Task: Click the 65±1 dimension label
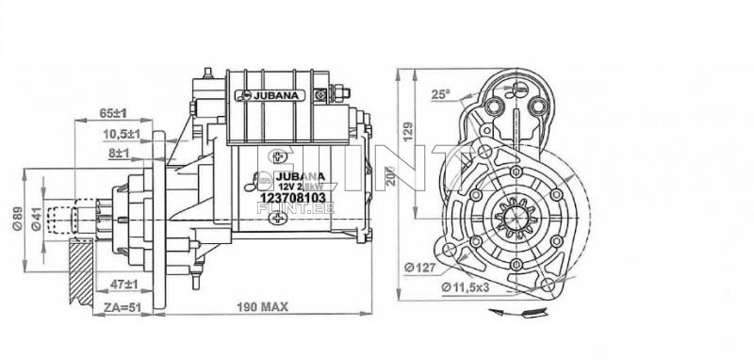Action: (112, 112)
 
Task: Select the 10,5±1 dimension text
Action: (120, 134)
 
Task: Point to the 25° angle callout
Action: (441, 93)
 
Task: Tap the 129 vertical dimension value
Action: (408, 131)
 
